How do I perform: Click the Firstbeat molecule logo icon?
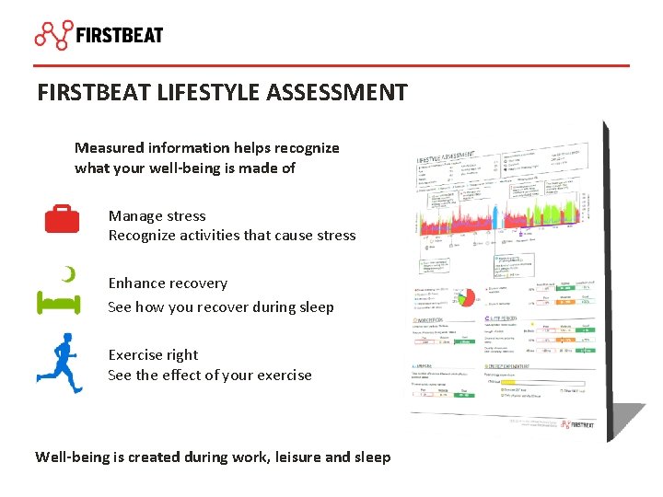coord(53,34)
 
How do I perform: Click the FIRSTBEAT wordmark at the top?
coord(120,36)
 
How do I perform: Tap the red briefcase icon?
coord(62,219)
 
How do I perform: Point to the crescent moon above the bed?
coord(67,272)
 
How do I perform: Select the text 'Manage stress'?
coord(157,215)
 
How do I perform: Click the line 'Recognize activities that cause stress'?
coord(231,236)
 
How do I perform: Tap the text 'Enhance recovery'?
coord(168,283)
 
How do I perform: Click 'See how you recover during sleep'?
coord(220,306)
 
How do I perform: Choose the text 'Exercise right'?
coord(153,355)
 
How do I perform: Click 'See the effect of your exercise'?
coord(210,376)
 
